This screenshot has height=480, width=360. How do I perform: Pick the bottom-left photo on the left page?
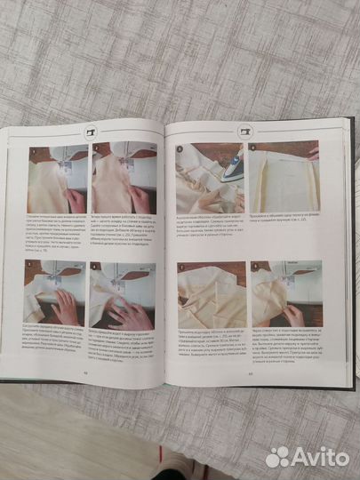[56, 293]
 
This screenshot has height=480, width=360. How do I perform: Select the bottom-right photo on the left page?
[123, 294]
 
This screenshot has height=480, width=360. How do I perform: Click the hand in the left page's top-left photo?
[76, 199]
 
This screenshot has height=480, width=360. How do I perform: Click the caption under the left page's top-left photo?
[59, 234]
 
